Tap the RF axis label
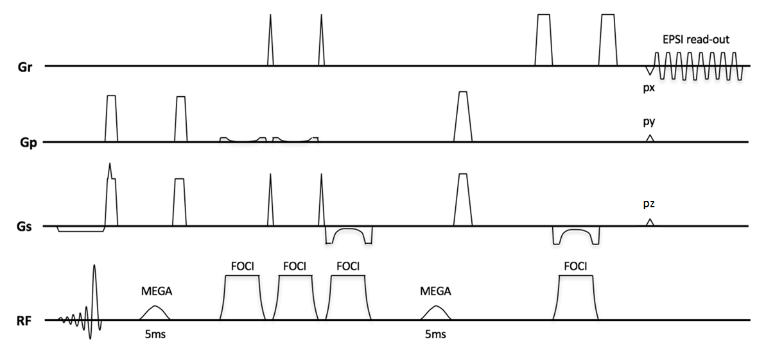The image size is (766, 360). point(25,320)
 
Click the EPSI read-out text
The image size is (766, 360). point(696,40)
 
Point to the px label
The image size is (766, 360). point(649,88)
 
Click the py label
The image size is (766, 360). point(649,121)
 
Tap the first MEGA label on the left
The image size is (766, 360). point(157,291)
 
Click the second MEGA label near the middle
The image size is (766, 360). point(435,291)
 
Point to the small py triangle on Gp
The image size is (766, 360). point(650,139)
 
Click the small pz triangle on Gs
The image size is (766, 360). point(650,222)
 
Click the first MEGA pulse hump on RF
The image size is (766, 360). point(155,313)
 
